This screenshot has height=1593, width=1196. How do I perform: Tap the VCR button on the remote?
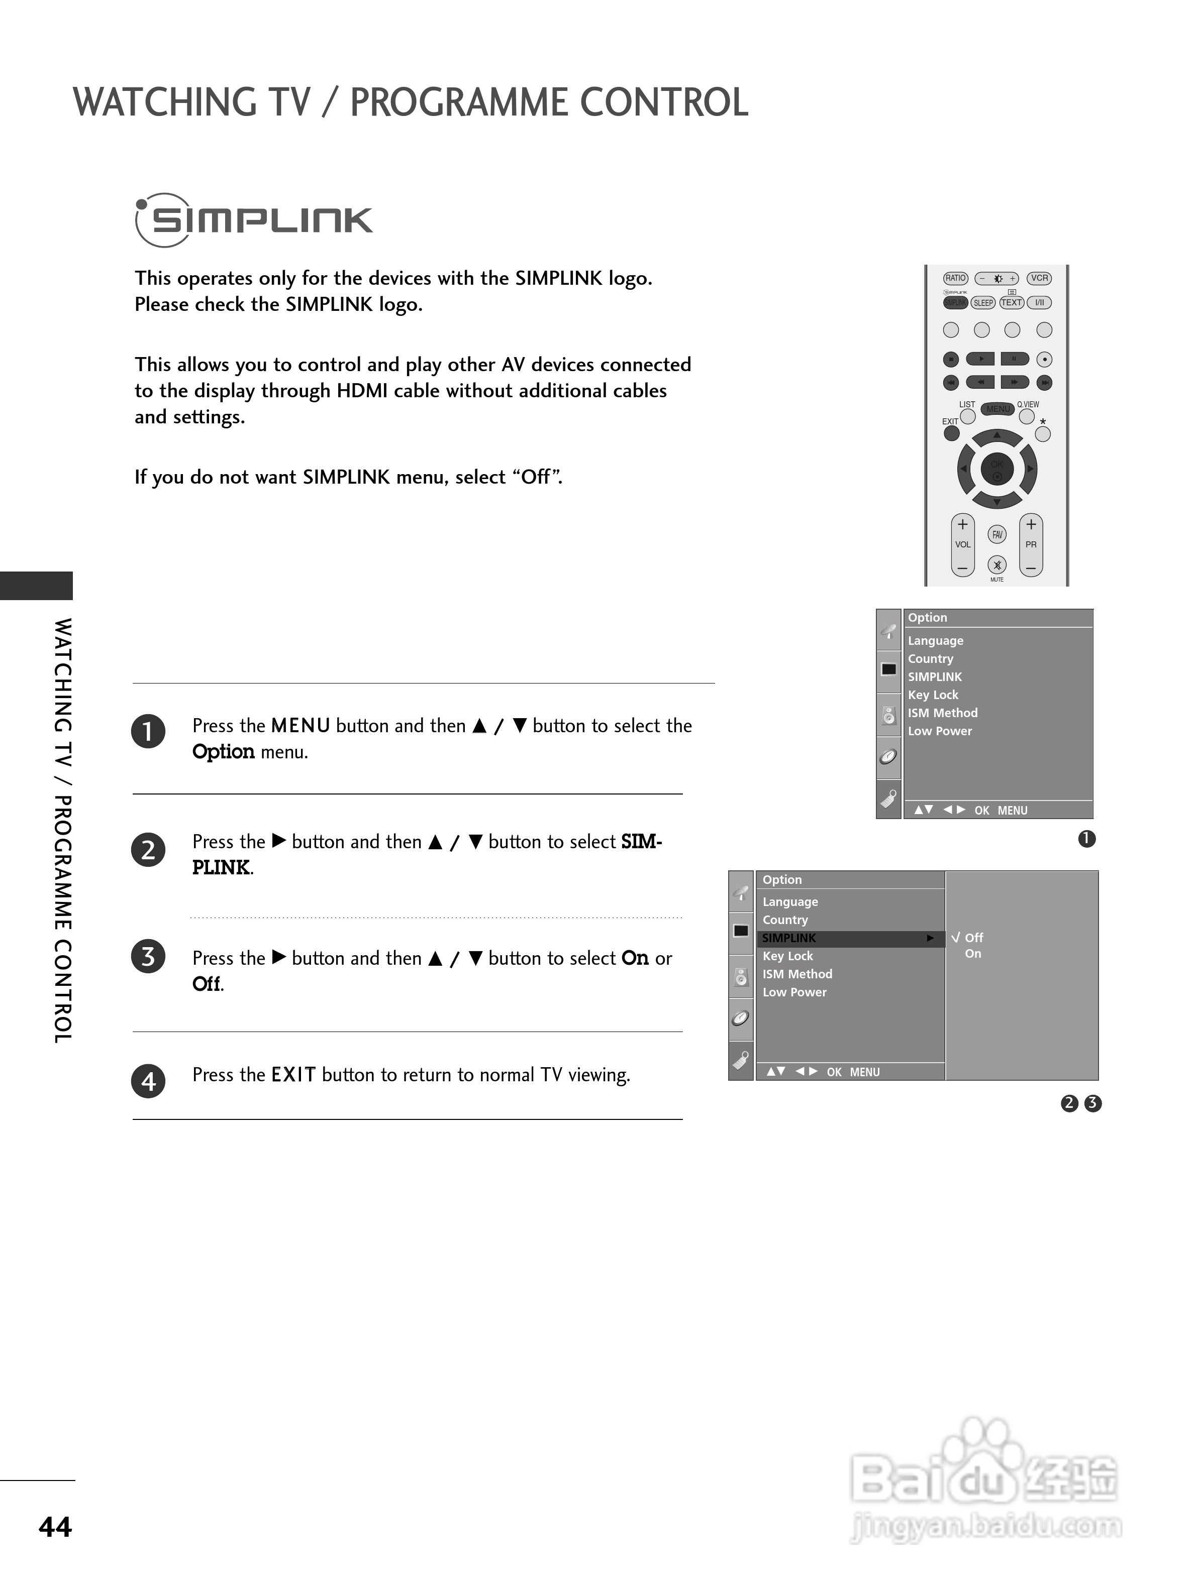1039,278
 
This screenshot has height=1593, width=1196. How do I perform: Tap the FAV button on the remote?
997,534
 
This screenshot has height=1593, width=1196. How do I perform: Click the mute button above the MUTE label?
997,565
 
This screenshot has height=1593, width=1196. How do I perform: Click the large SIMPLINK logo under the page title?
254,220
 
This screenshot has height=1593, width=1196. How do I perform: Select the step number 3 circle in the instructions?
148,957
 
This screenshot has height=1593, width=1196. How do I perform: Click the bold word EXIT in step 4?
293,1075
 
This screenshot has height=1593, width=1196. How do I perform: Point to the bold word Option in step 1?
223,752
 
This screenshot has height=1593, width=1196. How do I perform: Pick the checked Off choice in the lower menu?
973,938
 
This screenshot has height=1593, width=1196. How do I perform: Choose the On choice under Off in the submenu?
973,954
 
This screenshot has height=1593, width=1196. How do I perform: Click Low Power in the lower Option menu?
794,992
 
